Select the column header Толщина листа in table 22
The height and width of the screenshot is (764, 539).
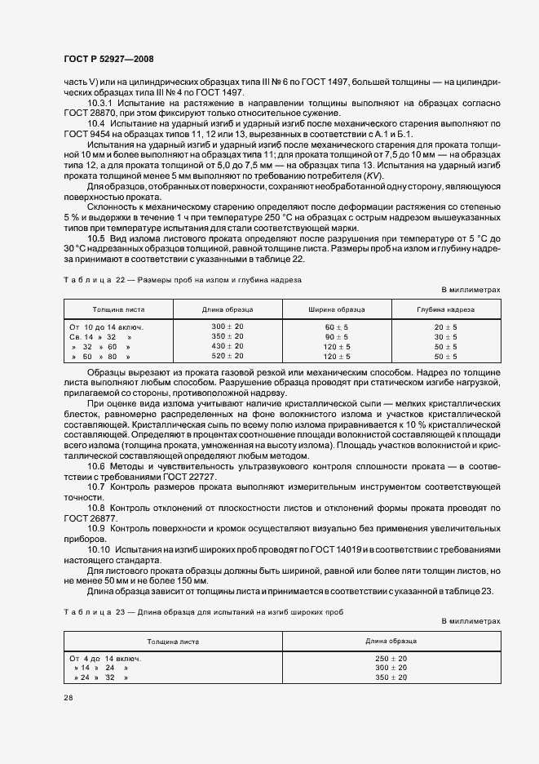point(118,310)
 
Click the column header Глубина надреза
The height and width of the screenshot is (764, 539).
point(444,310)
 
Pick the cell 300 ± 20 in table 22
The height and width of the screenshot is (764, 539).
point(228,326)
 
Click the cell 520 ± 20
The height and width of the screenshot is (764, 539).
point(228,356)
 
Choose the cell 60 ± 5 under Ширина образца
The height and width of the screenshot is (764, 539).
point(336,326)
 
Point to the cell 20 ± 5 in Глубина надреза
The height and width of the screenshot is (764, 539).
point(445,326)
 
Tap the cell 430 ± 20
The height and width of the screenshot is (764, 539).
point(228,346)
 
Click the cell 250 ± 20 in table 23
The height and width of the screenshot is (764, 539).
point(391,658)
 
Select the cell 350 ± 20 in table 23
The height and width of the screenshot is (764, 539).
point(391,677)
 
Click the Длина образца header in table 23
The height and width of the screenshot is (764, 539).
point(391,642)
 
